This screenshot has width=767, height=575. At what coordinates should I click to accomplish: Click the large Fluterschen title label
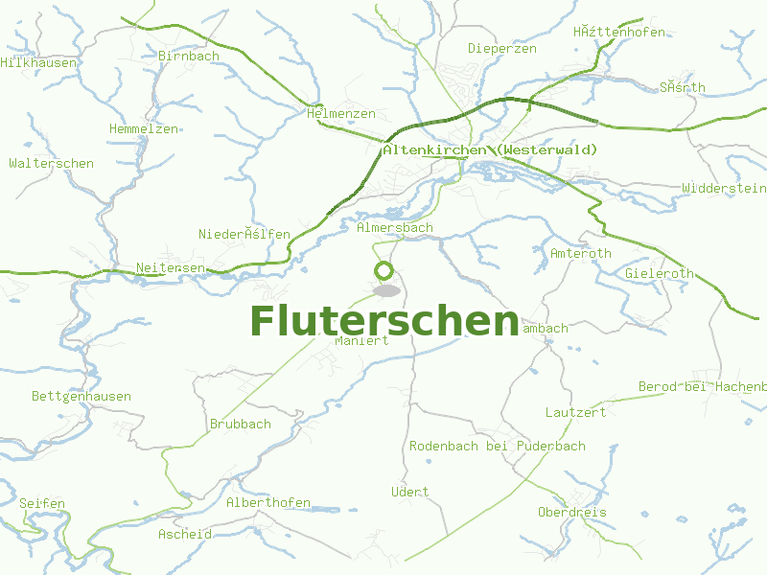[383, 320]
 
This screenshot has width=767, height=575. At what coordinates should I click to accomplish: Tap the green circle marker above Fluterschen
[384, 270]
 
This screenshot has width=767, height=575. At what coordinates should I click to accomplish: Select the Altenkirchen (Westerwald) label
[489, 150]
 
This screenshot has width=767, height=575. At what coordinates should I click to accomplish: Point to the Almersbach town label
[394, 228]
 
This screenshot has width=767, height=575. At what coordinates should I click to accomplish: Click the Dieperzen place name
[501, 48]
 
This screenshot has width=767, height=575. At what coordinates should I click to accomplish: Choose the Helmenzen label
[341, 113]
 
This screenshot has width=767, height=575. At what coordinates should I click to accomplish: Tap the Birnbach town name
[189, 56]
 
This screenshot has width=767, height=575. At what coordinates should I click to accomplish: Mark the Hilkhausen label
[38, 62]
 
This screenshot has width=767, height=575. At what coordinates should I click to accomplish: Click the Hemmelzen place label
[144, 128]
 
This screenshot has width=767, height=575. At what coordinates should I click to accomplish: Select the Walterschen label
[51, 163]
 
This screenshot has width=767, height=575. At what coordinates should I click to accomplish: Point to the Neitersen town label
[171, 267]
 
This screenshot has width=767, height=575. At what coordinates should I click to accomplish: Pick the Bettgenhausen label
[81, 396]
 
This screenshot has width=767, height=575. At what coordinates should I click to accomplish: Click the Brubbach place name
[240, 424]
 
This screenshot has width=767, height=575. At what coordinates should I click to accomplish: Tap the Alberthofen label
[268, 502]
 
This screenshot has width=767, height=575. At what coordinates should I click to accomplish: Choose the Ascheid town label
[184, 534]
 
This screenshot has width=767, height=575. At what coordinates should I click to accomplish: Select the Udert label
[410, 492]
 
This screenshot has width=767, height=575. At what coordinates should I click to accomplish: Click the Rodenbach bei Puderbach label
[497, 446]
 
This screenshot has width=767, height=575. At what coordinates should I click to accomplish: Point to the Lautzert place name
[575, 412]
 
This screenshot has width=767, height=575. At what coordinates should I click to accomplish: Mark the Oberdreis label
[572, 512]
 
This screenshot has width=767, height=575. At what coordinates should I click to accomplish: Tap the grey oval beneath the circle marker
[386, 289]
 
